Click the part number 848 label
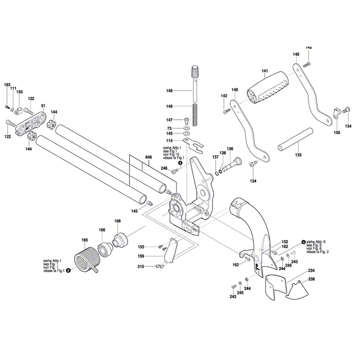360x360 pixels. click(x=148, y=157)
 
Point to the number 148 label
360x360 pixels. click(x=170, y=91)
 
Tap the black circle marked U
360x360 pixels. click(x=303, y=242)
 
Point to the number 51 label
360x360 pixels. click(x=43, y=106)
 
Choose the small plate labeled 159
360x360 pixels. click(x=171, y=251)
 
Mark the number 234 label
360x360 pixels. click(x=311, y=270)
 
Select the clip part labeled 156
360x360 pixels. click(x=336, y=113)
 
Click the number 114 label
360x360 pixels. click(x=169, y=140)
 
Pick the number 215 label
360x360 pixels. click(x=141, y=266)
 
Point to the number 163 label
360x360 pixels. click(x=7, y=85)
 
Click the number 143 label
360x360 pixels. click(x=134, y=211)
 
